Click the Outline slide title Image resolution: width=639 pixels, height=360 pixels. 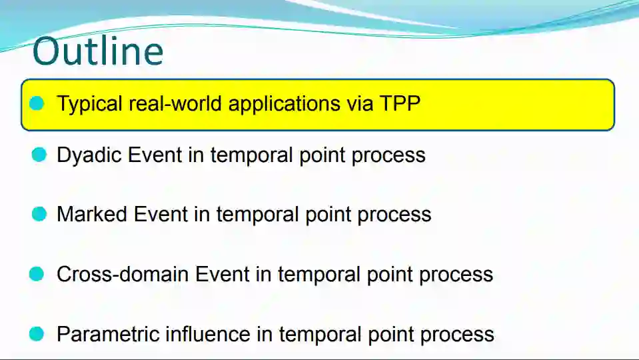coord(98,51)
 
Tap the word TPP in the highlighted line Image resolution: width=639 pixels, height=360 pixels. coord(400,103)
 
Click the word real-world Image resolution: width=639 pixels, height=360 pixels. coord(175,103)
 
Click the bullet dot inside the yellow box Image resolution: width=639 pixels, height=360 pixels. coord(37,103)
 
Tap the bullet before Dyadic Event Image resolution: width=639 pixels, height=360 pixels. coord(39,155)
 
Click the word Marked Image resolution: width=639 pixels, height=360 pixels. coord(92,214)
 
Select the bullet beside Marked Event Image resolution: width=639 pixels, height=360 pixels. coord(39,214)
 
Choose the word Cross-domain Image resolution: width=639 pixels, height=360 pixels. coord(123,274)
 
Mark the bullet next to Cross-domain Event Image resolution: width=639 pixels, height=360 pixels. coord(37,274)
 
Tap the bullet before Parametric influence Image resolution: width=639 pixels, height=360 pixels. coord(37,334)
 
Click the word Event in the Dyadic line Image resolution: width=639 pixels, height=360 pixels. coord(155,155)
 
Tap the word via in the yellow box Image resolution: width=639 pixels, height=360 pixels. coord(360,103)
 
